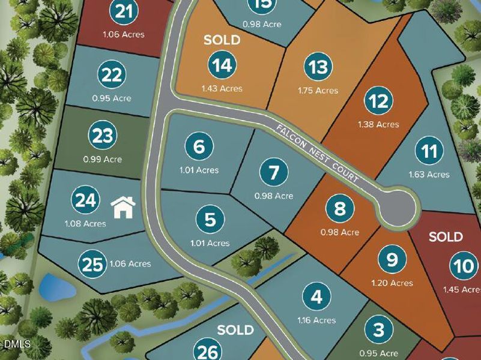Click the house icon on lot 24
(x=124, y=208)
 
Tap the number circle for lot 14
(x=223, y=65)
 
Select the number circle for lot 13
(x=318, y=67)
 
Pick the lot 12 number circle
(x=378, y=101)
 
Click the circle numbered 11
(x=429, y=151)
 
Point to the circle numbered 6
(x=199, y=146)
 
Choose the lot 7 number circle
(x=274, y=173)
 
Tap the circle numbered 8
(x=340, y=209)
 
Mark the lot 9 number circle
(x=392, y=260)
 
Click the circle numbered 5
(x=210, y=220)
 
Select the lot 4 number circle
(x=316, y=296)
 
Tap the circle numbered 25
(x=92, y=265)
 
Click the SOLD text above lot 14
(x=222, y=40)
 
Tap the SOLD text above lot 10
(x=446, y=236)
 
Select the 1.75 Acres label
(x=318, y=91)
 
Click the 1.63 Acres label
(x=429, y=175)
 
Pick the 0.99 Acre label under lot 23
(x=102, y=159)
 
